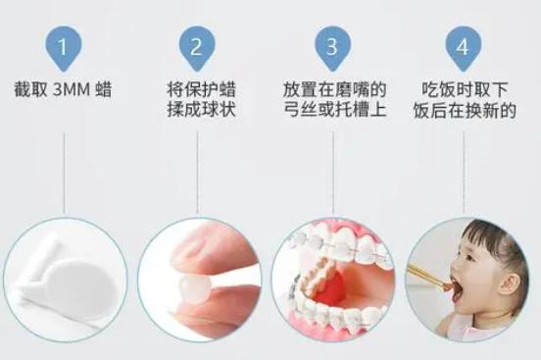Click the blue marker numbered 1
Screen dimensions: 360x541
[64, 46]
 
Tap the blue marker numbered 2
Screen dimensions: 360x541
[198, 46]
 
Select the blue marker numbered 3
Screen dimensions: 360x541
[332, 46]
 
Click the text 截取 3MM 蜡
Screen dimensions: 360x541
[64, 90]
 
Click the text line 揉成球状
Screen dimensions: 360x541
[198, 110]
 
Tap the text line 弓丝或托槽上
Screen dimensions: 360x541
[332, 110]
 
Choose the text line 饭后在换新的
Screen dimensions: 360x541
[466, 110]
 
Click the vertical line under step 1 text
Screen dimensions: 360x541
[64, 172]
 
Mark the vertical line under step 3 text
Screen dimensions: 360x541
[332, 172]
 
